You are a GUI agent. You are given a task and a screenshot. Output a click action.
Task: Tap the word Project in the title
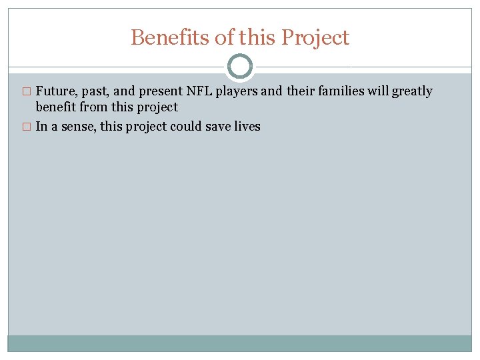(x=315, y=38)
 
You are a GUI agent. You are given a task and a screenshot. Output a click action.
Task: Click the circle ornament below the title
(x=240, y=67)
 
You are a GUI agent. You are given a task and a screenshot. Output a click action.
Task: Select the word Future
(x=56, y=91)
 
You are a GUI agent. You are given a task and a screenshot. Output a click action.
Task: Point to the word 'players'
(x=236, y=91)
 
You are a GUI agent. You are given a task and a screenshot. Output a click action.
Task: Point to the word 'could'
(x=187, y=126)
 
